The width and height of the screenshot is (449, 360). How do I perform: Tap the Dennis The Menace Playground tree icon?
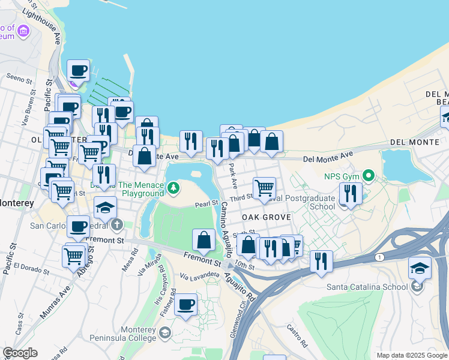173,189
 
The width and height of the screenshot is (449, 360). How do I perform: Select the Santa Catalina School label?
367,286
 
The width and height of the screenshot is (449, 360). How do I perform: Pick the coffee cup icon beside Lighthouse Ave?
78,71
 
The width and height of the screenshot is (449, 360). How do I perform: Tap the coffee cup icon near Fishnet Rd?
186,304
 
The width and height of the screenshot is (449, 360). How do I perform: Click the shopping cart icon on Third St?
264,188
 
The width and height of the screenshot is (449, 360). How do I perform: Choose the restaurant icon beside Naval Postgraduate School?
351,193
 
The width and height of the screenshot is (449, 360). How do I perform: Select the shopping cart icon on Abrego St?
74,256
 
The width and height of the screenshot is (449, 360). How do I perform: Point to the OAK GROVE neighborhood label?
266,217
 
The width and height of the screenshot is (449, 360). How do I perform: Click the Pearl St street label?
206,205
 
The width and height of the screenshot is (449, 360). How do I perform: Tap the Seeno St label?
18,79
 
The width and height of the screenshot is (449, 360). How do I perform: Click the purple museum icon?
23,31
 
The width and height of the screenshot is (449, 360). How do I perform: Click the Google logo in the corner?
20,353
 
